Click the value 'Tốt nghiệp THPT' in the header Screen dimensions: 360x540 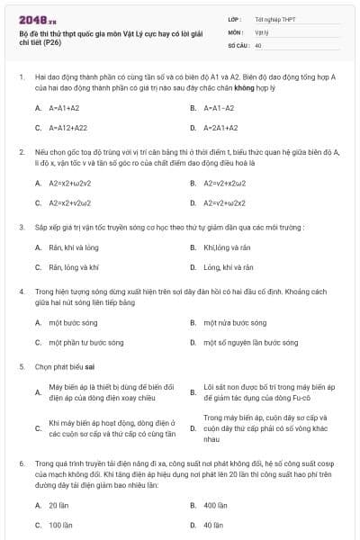click(x=274, y=18)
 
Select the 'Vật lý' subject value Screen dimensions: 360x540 click(x=261, y=31)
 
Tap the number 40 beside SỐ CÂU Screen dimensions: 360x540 click(x=258, y=44)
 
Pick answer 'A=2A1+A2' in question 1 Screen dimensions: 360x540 click(x=221, y=129)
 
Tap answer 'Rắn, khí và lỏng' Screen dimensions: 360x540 click(x=74, y=247)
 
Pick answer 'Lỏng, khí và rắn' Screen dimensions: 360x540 click(x=229, y=267)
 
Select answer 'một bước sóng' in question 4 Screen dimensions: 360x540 click(x=74, y=321)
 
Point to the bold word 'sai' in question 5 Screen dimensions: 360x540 click(x=91, y=367)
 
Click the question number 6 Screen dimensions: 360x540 click(x=21, y=462)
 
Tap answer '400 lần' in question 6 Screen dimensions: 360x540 click(x=215, y=505)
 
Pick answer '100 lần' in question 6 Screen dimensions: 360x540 click(x=60, y=525)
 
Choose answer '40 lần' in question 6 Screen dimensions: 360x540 click(x=213, y=525)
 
